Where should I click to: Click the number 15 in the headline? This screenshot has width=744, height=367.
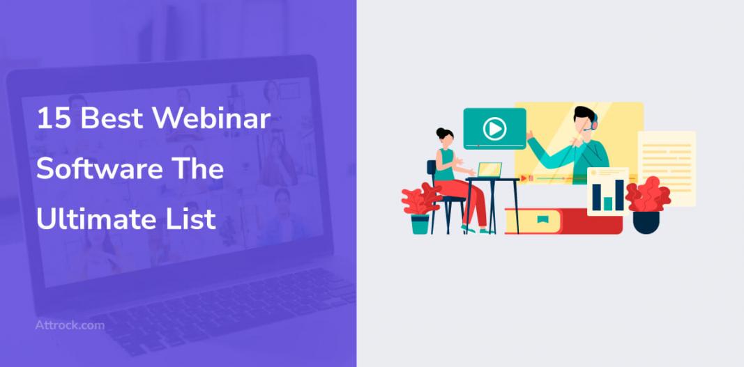click(54, 118)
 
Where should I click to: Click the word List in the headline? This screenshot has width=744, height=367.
click(198, 219)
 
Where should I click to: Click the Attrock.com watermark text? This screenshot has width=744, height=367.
click(70, 325)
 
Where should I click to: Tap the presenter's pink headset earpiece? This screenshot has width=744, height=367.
click(594, 123)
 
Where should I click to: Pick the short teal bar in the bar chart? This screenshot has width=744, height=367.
click(608, 203)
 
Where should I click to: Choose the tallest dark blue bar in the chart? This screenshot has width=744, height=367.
click(619, 194)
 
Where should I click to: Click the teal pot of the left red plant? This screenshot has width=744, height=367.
click(420, 224)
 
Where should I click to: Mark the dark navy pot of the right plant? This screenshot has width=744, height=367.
click(646, 222)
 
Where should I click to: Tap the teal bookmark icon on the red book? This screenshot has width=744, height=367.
click(542, 219)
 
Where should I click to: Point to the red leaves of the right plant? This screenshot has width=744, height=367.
click(648, 194)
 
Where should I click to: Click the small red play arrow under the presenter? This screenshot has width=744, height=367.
click(524, 178)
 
